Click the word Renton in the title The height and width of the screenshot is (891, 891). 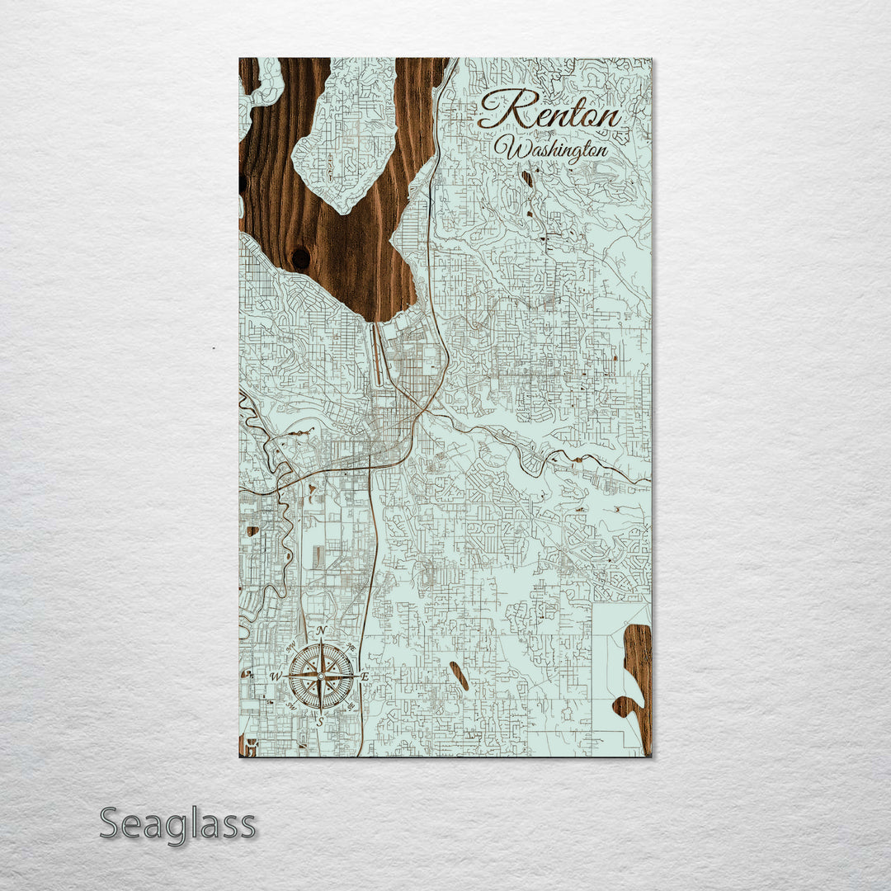click(551, 111)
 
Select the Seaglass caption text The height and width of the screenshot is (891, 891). click(177, 824)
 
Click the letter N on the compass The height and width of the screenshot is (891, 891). click(320, 630)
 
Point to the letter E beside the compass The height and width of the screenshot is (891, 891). click(365, 676)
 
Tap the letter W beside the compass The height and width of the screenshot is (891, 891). click(277, 676)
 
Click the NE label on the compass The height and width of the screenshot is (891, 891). click(351, 646)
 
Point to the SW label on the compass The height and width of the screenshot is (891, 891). click(290, 706)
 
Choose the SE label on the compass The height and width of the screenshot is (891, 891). click(351, 706)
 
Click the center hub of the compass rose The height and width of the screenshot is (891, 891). click(320, 676)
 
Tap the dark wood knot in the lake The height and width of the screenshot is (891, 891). click(301, 258)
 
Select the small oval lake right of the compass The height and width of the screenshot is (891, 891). click(460, 676)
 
